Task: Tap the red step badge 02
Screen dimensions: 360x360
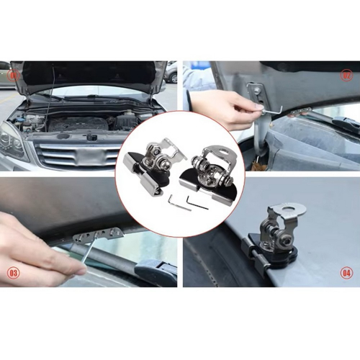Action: point(346,75)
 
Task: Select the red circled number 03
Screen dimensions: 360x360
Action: point(13,273)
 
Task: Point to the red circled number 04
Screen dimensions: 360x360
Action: point(346,273)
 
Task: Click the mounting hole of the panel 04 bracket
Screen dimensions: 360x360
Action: point(297,211)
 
